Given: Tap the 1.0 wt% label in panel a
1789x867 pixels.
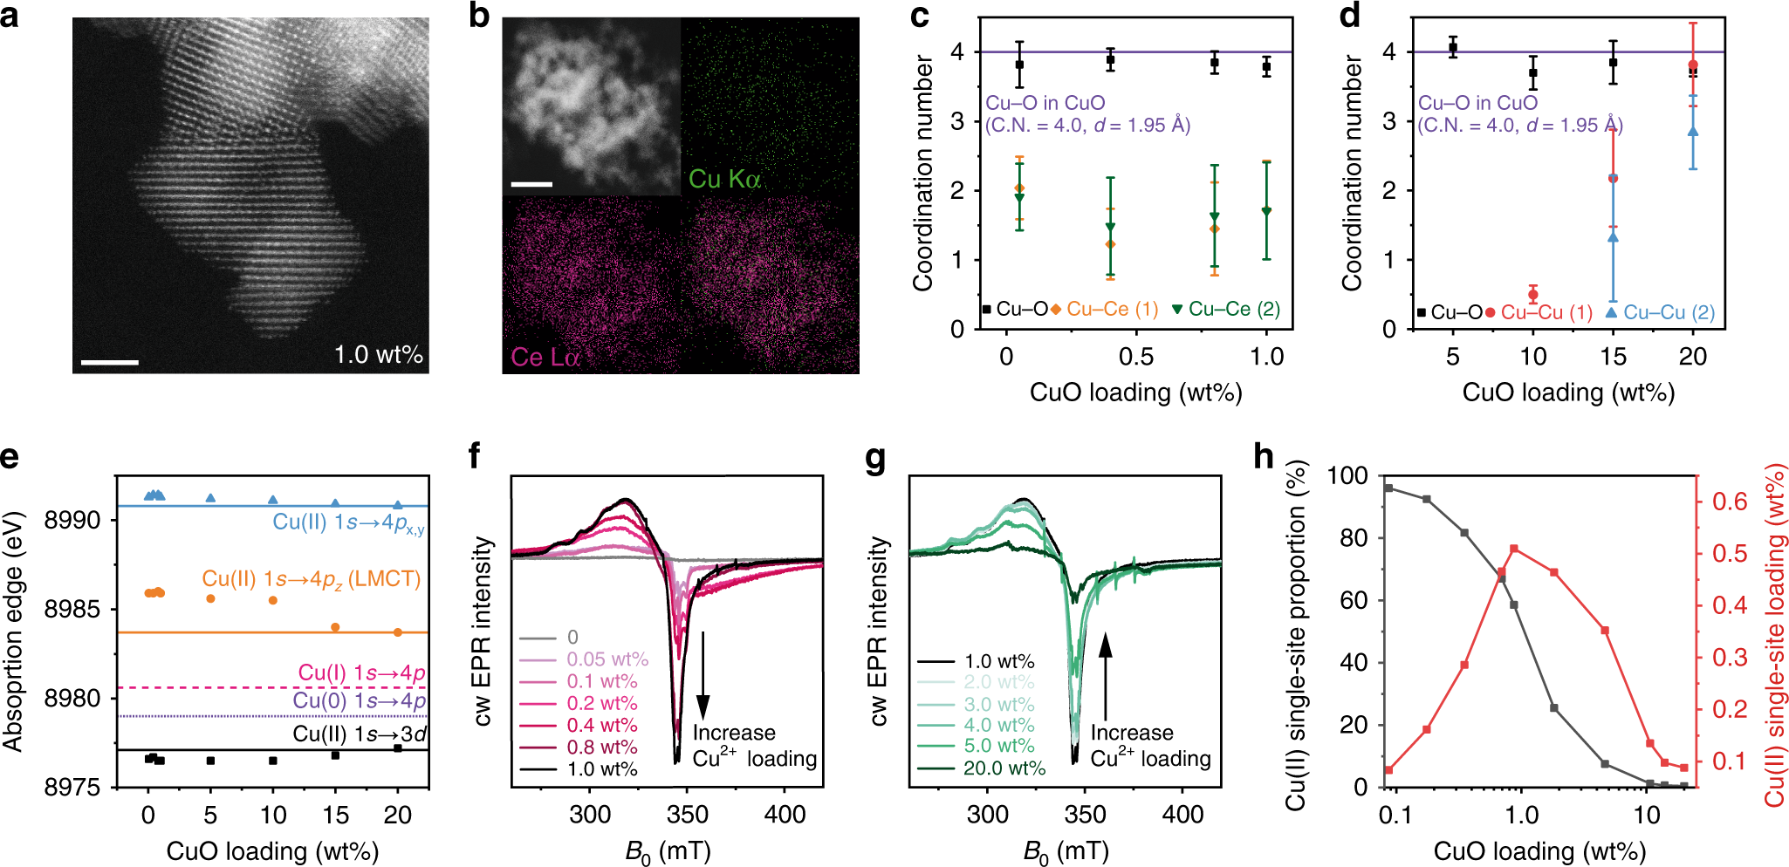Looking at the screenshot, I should [378, 355].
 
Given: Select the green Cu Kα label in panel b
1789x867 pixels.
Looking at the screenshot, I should [723, 179].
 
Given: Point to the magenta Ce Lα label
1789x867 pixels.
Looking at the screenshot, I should [545, 357].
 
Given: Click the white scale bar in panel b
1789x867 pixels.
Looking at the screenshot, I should [531, 184].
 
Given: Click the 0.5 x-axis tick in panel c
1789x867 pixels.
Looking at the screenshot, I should [1135, 357].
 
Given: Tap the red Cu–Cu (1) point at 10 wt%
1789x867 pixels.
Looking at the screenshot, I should [1533, 295].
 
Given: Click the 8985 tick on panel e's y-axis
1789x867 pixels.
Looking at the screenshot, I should [72, 609].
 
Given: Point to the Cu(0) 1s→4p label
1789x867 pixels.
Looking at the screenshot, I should [359, 700].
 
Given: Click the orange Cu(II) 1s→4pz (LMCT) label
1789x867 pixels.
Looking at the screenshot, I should [312, 578].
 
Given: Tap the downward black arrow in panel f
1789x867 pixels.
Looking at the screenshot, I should [703, 676].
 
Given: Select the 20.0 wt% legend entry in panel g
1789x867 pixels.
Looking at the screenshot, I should [1004, 768].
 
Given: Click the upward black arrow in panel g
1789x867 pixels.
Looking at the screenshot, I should [1106, 676].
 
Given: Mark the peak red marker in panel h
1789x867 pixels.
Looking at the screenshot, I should [1514, 549].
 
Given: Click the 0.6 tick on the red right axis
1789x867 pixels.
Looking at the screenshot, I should [1729, 502].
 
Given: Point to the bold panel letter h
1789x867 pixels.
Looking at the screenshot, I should [1264, 456].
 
